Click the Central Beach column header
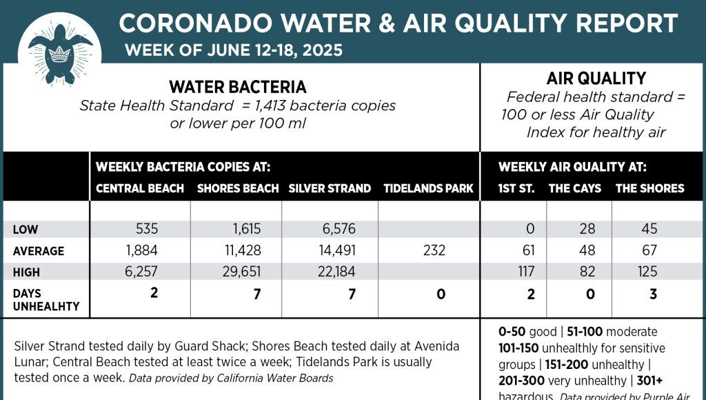(x=140, y=188)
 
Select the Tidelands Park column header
(x=428, y=188)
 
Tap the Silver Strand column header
(x=330, y=188)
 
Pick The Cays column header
(x=574, y=188)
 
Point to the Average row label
(x=39, y=251)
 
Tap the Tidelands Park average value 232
(x=434, y=251)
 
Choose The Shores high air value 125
(x=647, y=272)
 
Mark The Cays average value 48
(x=587, y=251)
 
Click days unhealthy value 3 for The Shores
(x=653, y=294)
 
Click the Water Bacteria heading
(x=238, y=88)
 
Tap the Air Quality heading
(x=596, y=79)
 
